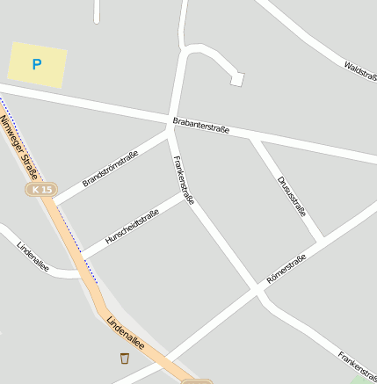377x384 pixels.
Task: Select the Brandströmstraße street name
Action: tap(110, 168)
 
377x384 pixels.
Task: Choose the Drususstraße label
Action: tap(291, 196)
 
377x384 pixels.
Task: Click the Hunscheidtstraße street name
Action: tap(132, 228)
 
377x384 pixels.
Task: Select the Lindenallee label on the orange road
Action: tap(125, 335)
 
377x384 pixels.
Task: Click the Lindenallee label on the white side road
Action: tap(33, 256)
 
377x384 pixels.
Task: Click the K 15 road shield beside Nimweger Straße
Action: tap(40, 190)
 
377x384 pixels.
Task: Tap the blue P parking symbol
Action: tap(37, 64)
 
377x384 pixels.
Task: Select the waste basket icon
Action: tap(124, 358)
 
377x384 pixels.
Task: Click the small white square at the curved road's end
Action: tap(236, 80)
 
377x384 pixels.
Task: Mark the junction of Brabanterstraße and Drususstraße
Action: tap(253, 138)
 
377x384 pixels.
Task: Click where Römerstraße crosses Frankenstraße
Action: tap(257, 289)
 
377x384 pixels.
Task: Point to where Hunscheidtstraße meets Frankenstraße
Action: tap(190, 197)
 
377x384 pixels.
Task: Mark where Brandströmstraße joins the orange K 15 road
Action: tap(55, 201)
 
